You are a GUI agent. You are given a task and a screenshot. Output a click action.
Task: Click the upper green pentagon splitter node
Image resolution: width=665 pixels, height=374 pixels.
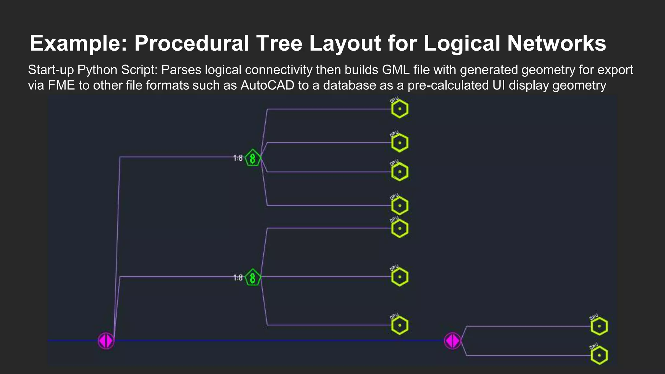click(x=253, y=158)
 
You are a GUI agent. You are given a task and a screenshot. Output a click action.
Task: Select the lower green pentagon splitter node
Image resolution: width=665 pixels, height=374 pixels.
click(x=253, y=278)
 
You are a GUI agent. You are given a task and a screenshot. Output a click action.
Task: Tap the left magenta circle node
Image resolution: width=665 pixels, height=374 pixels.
click(x=106, y=341)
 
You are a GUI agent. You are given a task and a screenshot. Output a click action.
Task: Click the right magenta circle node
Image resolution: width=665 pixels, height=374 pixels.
click(x=452, y=341)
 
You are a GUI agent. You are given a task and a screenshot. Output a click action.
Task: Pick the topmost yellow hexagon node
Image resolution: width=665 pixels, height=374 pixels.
click(x=399, y=109)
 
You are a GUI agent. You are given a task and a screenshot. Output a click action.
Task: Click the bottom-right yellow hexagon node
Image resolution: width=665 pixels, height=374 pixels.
click(x=599, y=355)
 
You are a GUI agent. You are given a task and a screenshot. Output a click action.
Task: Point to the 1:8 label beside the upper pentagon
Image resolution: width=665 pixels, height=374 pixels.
click(x=238, y=158)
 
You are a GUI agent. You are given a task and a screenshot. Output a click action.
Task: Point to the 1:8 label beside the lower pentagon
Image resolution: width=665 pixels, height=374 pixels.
click(x=238, y=278)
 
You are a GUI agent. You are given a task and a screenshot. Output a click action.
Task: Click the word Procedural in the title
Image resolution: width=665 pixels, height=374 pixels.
click(x=192, y=43)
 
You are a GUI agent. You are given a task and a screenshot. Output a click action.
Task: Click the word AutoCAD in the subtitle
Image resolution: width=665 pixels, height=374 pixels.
click(x=267, y=85)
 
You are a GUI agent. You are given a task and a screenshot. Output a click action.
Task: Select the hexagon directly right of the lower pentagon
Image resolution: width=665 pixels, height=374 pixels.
click(x=399, y=277)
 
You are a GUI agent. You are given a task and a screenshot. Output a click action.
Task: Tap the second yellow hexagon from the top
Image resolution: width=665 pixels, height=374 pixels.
click(x=399, y=143)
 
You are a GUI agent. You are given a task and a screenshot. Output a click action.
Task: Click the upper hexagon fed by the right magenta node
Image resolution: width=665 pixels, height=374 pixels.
click(x=599, y=326)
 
